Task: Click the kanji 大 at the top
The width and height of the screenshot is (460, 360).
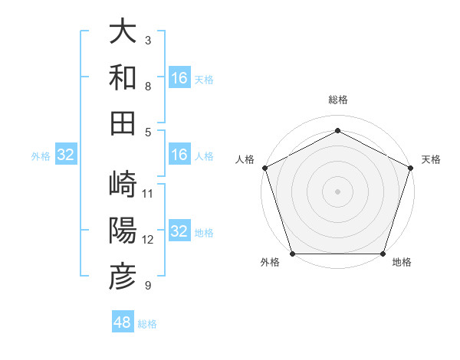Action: click(123, 32)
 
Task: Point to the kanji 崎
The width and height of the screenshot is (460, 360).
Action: click(123, 184)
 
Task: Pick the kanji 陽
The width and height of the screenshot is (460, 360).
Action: click(123, 230)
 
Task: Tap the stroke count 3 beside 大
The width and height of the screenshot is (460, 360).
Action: click(148, 40)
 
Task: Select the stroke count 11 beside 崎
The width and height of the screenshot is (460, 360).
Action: click(148, 193)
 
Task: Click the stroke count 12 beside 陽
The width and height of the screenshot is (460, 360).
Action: click(148, 239)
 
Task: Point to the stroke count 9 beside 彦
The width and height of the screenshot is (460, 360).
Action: click(148, 286)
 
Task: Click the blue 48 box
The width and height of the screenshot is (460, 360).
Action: click(123, 322)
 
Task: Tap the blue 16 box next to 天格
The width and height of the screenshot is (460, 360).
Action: click(179, 78)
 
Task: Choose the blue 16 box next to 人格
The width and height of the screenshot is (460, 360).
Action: click(179, 155)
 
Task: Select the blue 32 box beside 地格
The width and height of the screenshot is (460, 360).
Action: click(179, 231)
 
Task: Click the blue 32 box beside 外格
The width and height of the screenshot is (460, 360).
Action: click(66, 155)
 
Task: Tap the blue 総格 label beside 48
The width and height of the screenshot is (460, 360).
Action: click(147, 324)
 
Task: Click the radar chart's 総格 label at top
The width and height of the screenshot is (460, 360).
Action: click(337, 100)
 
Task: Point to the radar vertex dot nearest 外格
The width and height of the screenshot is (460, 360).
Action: click(293, 254)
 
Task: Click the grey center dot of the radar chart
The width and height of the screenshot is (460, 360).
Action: click(337, 191)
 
